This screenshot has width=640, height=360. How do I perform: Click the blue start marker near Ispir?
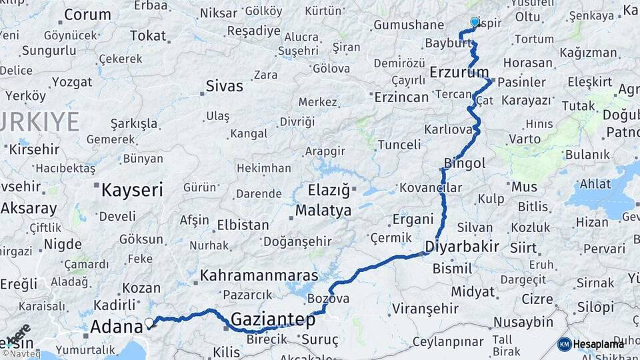coord(475,22)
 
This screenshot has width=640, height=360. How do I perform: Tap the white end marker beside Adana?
coord(149,323)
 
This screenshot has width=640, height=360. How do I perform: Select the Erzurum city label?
coord(459,72)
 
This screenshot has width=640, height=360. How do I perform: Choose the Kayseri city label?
coord(132,190)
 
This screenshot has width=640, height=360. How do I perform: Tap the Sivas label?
coord(225,86)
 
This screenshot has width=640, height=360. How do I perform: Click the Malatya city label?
coord(323,211)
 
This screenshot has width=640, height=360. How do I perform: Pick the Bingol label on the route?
coord(465,163)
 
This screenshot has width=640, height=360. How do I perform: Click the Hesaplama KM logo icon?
coord(564,344)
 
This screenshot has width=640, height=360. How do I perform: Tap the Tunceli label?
coord(399,145)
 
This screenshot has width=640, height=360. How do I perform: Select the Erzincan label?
coord(401,97)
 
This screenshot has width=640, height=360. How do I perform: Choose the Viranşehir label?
coord(425,309)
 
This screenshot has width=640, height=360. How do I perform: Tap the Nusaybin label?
coord(523,323)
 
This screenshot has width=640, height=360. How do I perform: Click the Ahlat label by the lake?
coord(595,184)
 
